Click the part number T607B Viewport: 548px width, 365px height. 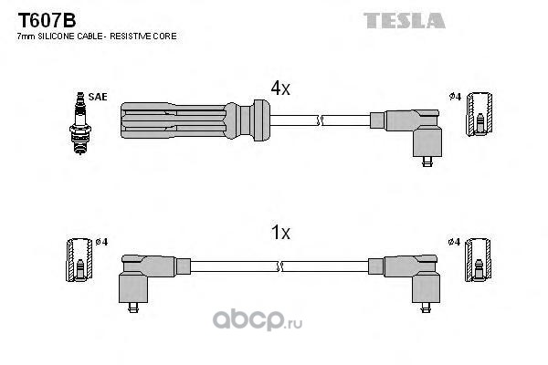pyautogui.click(x=47, y=20)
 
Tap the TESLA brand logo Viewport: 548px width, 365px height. pyautogui.click(x=405, y=21)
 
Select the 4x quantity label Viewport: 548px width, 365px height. pyautogui.click(x=280, y=89)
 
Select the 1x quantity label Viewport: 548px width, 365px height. pyautogui.click(x=280, y=233)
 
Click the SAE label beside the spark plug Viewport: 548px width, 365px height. pyautogui.click(x=98, y=97)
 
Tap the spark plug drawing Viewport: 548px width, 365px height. pyautogui.click(x=80, y=123)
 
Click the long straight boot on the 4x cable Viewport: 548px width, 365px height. pyautogui.click(x=195, y=120)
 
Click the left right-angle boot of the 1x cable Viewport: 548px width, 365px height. pyautogui.click(x=154, y=279)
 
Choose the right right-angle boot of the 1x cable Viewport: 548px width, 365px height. pyautogui.click(x=404, y=279)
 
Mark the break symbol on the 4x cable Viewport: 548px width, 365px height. pyautogui.click(x=320, y=120)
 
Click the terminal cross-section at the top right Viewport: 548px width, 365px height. pyautogui.click(x=479, y=115)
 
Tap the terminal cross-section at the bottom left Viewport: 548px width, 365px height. pyautogui.click(x=79, y=260)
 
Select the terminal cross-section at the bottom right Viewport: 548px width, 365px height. pyautogui.click(x=478, y=260)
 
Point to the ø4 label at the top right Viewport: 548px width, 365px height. pyautogui.click(x=456, y=97)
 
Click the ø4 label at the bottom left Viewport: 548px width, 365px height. pyautogui.click(x=101, y=242)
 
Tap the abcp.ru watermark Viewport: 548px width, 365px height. pyautogui.click(x=258, y=320)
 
